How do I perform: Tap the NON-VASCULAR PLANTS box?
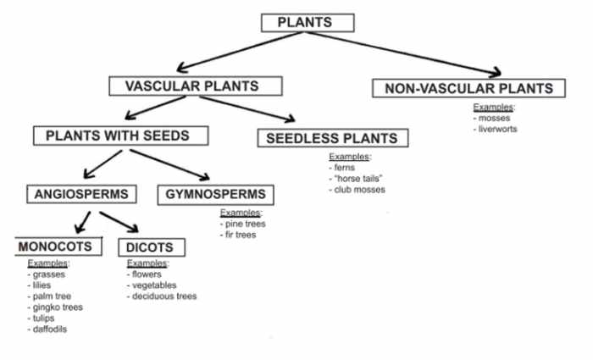(468, 89)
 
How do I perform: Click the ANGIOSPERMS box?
(81, 194)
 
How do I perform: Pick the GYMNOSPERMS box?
(217, 195)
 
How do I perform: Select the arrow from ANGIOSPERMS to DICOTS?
(119, 223)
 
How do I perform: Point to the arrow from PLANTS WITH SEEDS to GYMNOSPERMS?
(170, 164)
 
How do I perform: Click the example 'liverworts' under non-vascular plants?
(497, 129)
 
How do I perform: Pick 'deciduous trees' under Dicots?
(164, 296)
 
